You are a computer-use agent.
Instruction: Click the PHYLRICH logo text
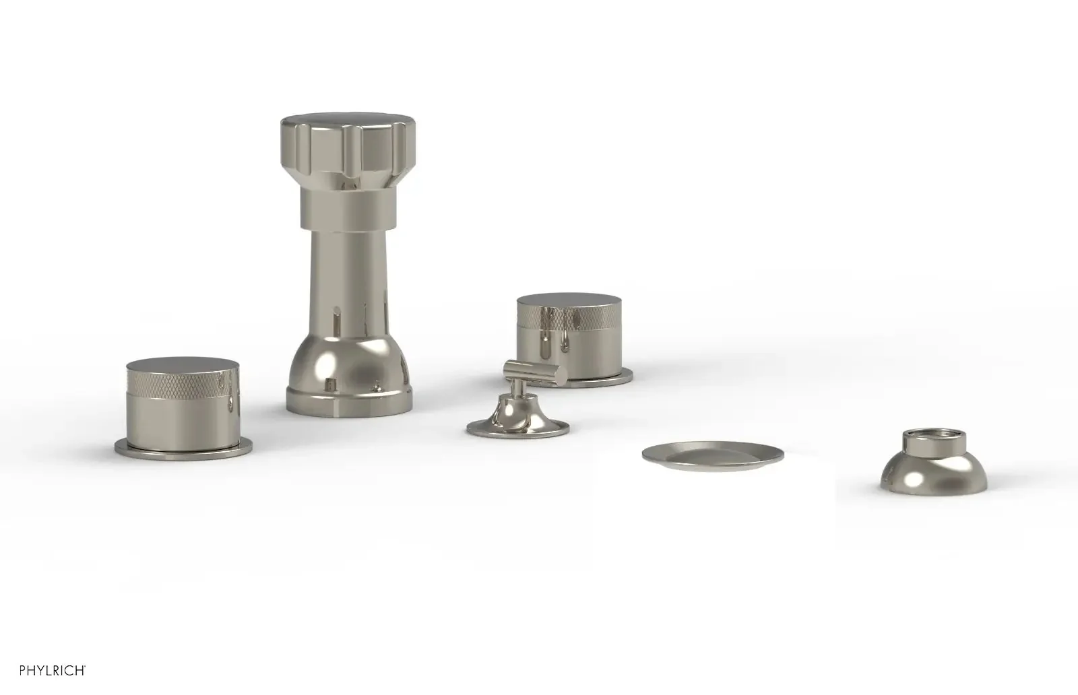click(x=53, y=670)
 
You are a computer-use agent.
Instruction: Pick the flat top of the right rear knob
click(x=569, y=300)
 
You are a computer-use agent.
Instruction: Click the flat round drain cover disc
click(x=713, y=455)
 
